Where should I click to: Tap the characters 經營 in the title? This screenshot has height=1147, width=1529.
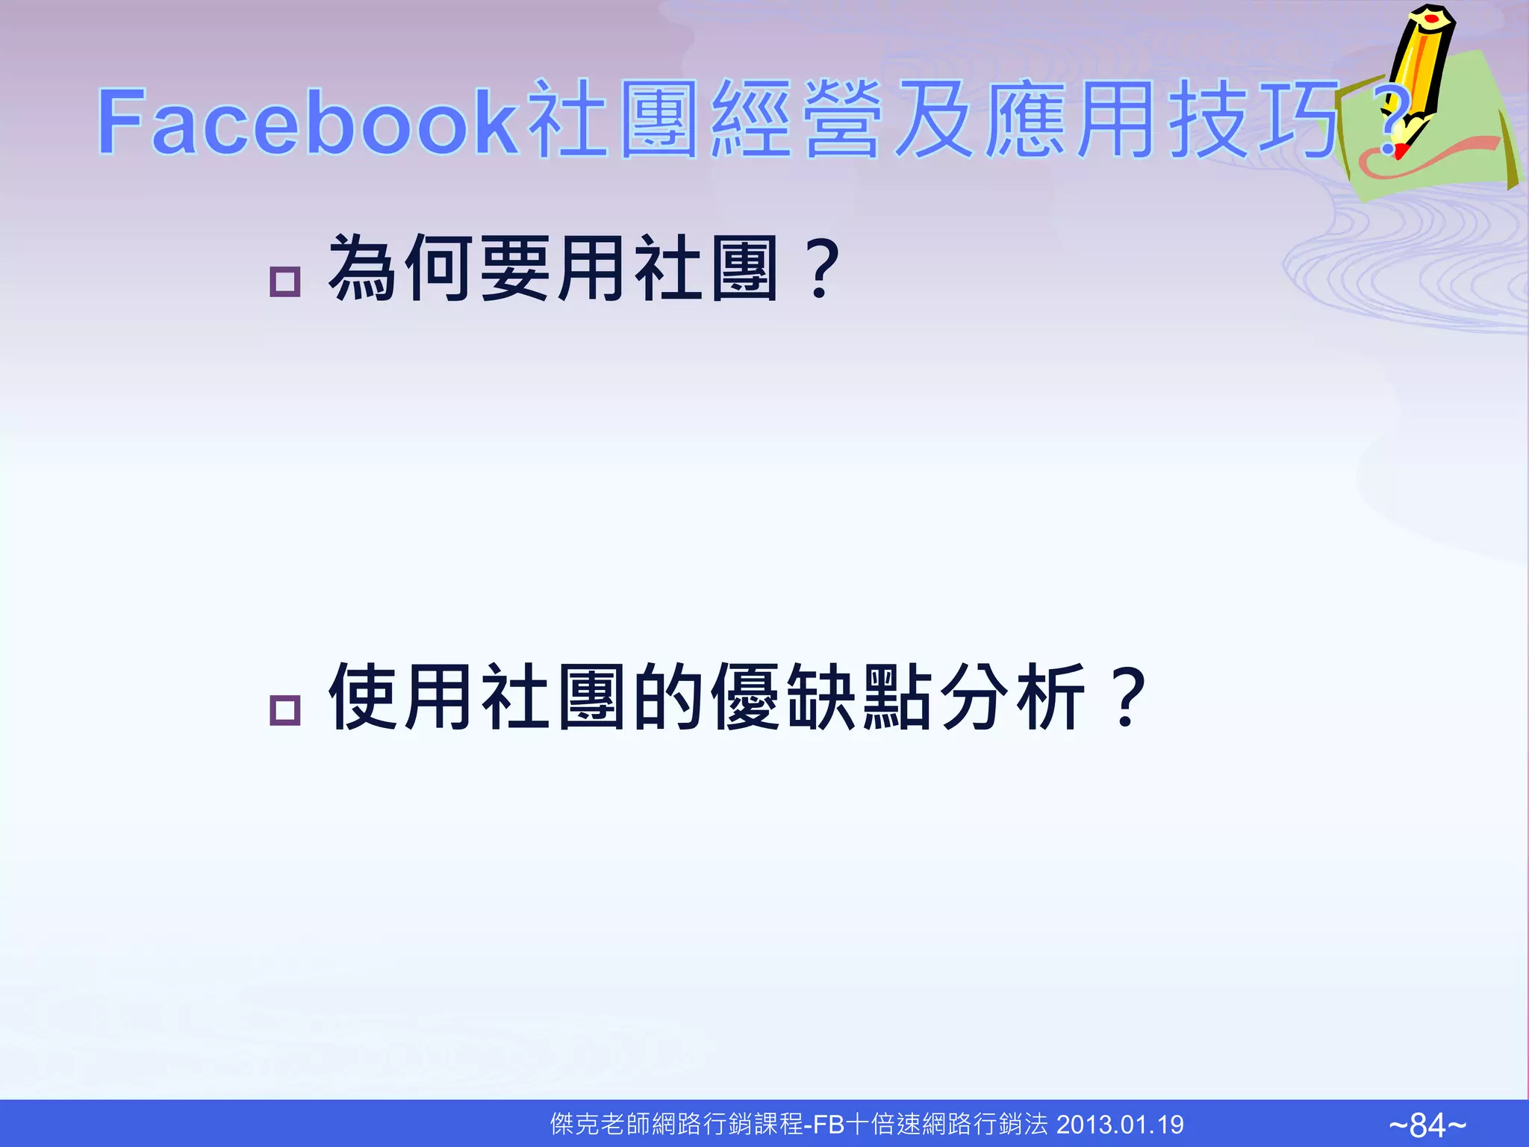tap(795, 121)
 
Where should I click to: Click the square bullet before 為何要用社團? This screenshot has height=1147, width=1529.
tap(284, 282)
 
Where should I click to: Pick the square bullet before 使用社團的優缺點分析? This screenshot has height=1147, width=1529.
tap(284, 709)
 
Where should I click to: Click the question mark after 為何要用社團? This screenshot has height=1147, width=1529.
tap(821, 269)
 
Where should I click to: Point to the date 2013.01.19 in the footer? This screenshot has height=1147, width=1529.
tap(1120, 1125)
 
